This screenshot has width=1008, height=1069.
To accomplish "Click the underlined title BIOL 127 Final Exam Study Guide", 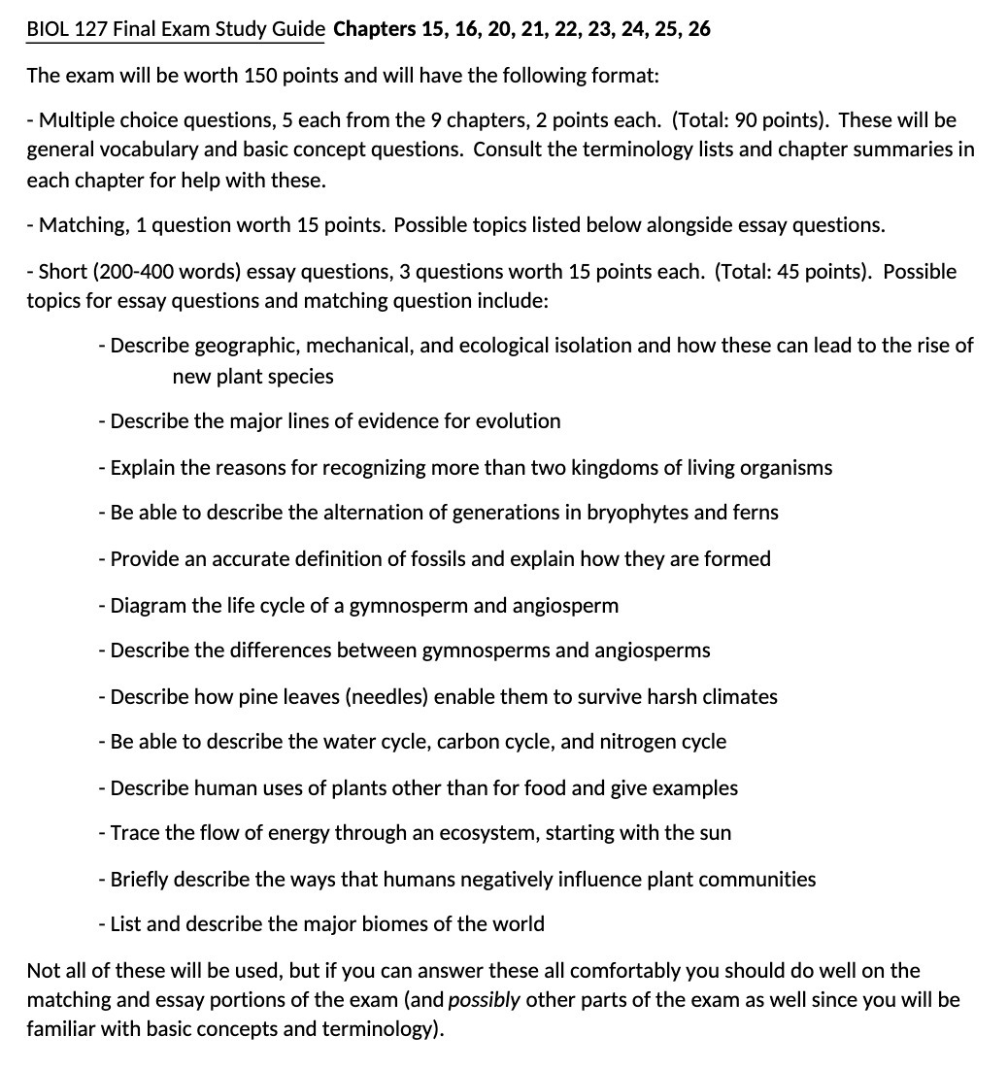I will click(x=176, y=29).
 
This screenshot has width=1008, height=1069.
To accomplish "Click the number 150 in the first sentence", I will click(x=261, y=76).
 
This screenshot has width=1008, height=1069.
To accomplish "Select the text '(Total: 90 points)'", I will click(x=749, y=120).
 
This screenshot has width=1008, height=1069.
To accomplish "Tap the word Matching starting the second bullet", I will click(x=81, y=225).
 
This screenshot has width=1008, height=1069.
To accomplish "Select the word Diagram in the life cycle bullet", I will click(x=148, y=606).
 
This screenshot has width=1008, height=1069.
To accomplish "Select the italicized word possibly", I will click(x=485, y=1000).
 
